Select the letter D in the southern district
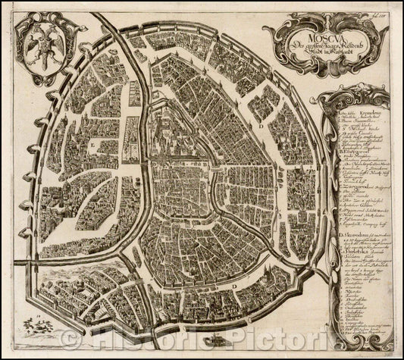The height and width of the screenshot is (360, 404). [236, 286]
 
